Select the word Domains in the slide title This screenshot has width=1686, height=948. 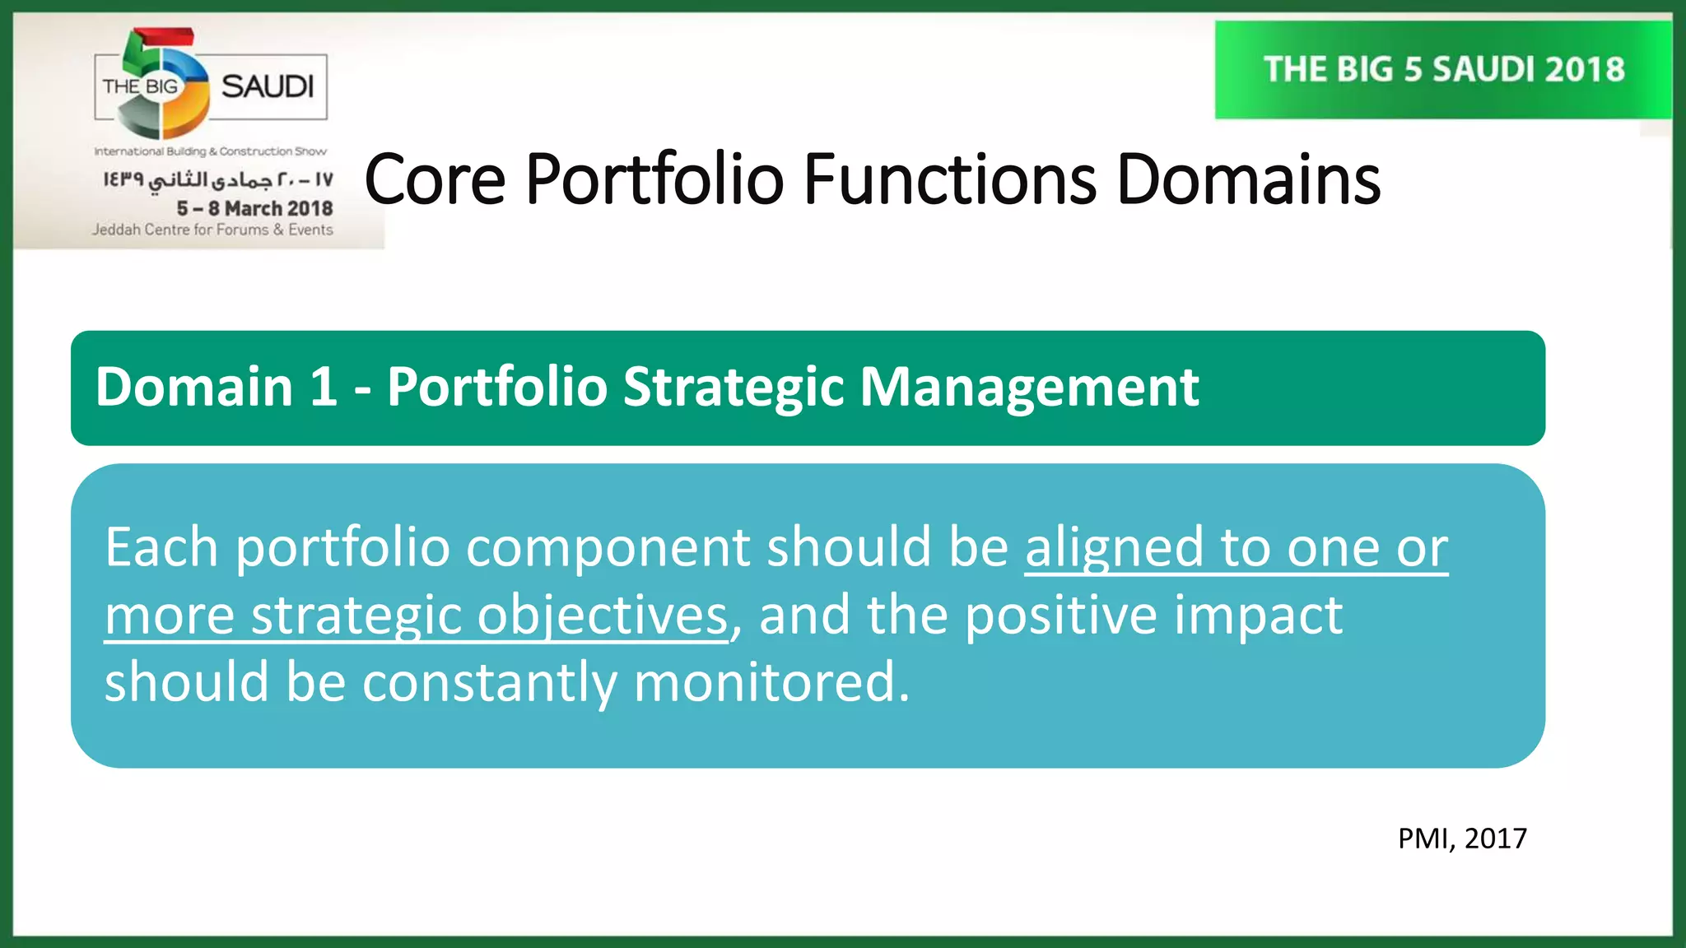click(x=1248, y=179)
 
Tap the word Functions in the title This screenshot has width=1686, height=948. click(x=950, y=179)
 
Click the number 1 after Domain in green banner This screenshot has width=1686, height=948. click(x=324, y=387)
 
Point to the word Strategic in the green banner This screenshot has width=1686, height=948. click(x=733, y=387)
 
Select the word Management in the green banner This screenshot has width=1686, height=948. click(x=1029, y=387)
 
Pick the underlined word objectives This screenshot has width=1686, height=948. click(x=603, y=616)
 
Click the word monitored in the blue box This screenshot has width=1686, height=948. click(x=771, y=682)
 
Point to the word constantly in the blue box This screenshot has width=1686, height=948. click(x=489, y=684)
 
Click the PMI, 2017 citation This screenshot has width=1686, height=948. click(x=1462, y=839)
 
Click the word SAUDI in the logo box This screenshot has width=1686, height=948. click(x=268, y=86)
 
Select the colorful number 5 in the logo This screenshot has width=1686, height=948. click(x=165, y=82)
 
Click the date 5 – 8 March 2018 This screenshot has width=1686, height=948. click(x=254, y=208)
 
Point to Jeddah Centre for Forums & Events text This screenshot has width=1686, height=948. click(x=212, y=230)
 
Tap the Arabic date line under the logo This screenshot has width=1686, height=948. click(x=217, y=179)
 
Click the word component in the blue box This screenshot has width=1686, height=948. click(x=608, y=549)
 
